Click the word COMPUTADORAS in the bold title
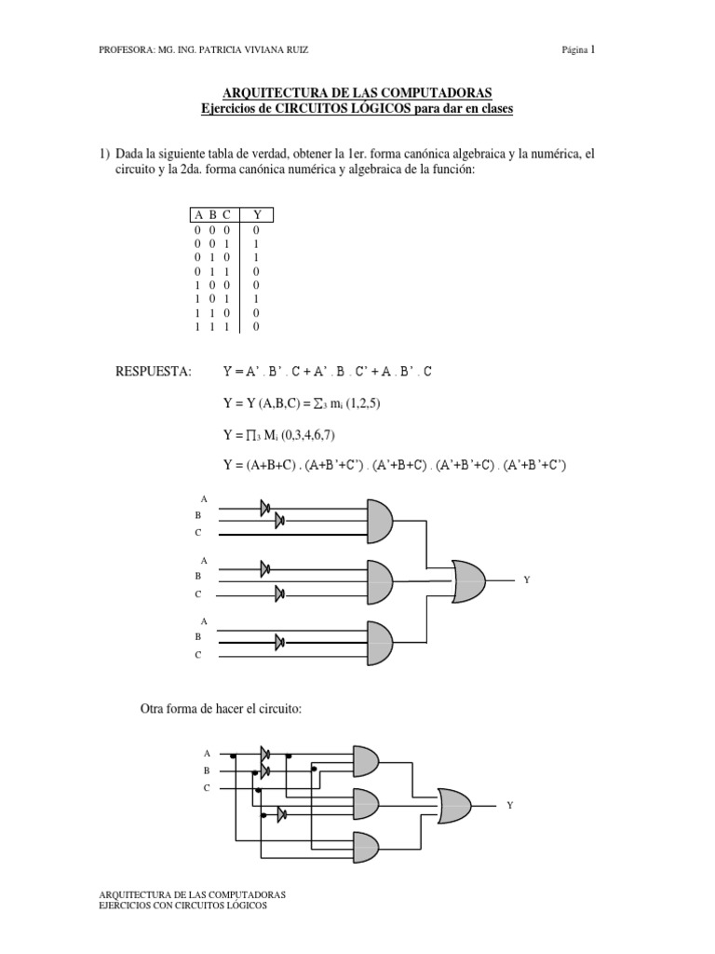click(426, 93)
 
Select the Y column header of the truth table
click(258, 215)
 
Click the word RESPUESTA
click(153, 372)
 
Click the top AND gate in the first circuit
click(392, 519)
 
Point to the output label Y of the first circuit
click(526, 579)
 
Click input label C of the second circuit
click(207, 788)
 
